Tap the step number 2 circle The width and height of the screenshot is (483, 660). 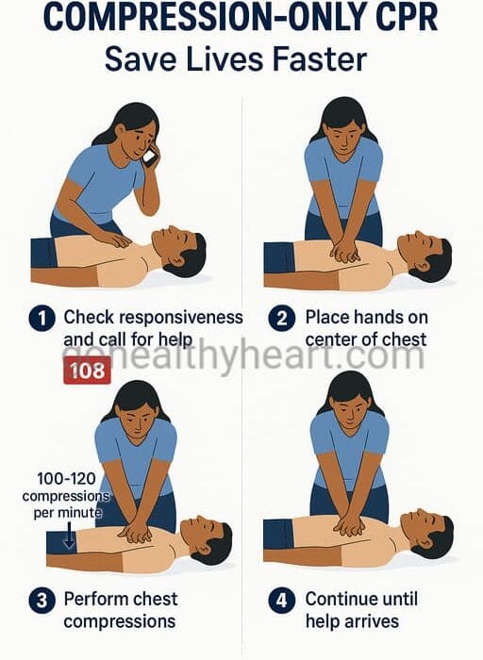point(282,318)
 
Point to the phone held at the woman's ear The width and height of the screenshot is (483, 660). point(149,156)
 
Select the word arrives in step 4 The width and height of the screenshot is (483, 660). point(370,621)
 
